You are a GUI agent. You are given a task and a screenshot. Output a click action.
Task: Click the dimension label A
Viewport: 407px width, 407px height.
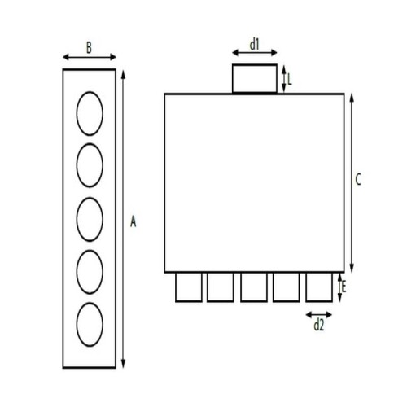coord(134,221)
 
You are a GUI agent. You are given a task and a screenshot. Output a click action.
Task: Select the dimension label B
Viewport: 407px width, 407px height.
coord(88,47)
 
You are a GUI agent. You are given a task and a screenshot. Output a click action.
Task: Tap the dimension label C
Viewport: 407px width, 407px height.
coord(358,181)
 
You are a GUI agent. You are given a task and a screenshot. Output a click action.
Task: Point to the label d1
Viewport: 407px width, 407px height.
coord(254,45)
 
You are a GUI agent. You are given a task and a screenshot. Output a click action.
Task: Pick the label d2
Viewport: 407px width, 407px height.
coord(319,326)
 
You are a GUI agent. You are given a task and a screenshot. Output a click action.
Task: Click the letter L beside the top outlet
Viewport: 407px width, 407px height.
coord(290,79)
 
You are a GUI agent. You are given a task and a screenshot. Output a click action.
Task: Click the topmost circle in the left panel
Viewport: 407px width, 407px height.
coord(90,113)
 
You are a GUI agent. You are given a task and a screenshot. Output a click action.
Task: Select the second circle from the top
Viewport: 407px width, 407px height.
coord(90,165)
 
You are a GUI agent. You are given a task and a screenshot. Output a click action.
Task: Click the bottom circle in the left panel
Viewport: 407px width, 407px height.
coord(90,323)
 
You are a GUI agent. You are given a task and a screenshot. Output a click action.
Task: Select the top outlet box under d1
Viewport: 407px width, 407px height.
coord(255,79)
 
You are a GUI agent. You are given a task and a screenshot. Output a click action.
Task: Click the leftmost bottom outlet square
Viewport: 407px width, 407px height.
coord(188,287)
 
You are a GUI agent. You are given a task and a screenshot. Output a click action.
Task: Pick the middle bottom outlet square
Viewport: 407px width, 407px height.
coord(254,287)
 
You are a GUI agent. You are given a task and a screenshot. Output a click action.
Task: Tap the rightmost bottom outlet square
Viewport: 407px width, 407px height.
coord(320,287)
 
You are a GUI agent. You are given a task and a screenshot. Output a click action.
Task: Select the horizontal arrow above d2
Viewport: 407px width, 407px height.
coord(319,313)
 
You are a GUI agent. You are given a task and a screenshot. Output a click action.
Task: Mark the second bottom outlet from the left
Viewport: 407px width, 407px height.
coord(221,287)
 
